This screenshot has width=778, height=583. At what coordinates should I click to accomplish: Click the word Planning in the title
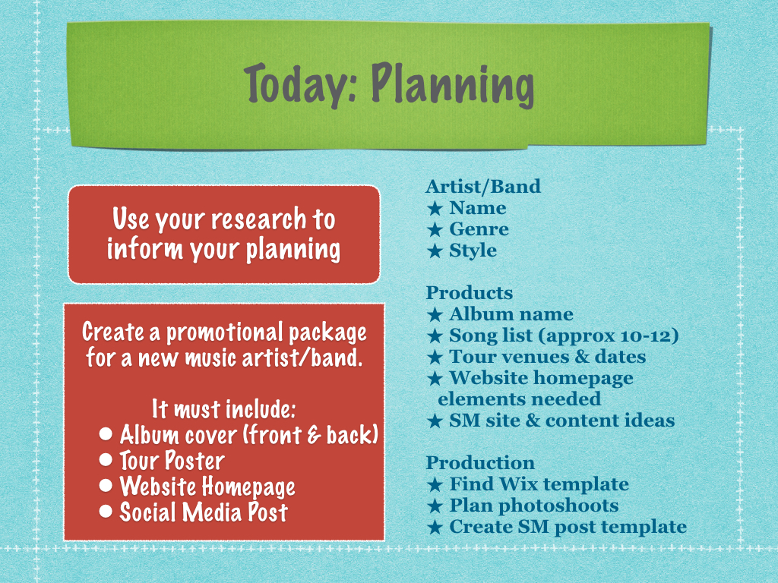coord(453,84)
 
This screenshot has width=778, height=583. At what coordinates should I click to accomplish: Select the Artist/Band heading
coord(482,187)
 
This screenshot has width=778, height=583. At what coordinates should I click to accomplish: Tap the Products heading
coord(469,292)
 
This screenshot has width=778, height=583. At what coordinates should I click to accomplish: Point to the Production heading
coord(480,462)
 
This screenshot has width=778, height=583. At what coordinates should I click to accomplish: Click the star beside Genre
coord(435,229)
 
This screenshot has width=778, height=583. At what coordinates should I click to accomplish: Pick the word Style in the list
coord(473,251)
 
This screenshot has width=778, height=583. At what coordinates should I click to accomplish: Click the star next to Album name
coord(435,314)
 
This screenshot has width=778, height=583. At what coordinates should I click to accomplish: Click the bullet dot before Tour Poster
coord(105,459)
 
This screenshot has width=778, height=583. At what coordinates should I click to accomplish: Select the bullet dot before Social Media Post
coord(105,511)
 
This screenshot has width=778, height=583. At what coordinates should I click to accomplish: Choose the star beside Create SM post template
coord(435,527)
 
